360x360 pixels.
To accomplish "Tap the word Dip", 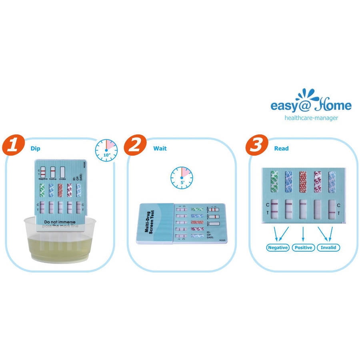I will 35,148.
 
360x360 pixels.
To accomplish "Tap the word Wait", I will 160,148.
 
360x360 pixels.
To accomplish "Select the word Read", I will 281,148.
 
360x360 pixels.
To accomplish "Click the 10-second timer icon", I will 106,150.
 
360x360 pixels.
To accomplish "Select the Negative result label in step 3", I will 278,248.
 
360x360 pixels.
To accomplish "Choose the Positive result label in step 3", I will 303,248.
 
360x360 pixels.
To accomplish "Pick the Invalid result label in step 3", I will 328,248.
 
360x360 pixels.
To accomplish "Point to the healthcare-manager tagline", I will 311,118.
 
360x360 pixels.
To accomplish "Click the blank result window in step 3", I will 317,209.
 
